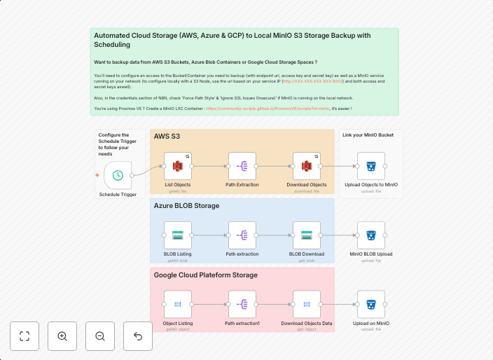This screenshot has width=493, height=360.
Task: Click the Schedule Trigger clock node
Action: (x=118, y=175)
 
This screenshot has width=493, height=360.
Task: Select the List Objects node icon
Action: (x=178, y=166)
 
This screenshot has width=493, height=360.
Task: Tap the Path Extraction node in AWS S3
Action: (x=242, y=166)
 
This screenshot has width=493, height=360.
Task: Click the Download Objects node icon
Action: (x=307, y=166)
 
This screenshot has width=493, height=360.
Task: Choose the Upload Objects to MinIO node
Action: (x=371, y=166)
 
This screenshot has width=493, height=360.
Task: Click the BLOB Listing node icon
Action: (x=178, y=235)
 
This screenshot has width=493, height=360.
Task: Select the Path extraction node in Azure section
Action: (x=242, y=235)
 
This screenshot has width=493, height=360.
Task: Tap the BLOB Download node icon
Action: (x=307, y=235)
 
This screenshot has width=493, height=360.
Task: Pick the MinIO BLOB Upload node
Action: (x=371, y=235)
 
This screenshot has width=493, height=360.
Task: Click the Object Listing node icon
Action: (x=178, y=304)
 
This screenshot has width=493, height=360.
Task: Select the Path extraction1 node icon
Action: (x=242, y=304)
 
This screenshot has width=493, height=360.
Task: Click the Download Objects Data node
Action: (x=307, y=304)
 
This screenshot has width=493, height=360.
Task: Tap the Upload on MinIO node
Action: (x=371, y=304)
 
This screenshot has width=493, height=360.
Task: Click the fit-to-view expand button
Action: (x=25, y=336)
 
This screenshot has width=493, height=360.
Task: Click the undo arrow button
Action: (x=138, y=336)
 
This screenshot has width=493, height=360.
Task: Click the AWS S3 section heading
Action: (x=167, y=136)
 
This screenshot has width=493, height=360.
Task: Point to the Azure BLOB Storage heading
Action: (x=186, y=205)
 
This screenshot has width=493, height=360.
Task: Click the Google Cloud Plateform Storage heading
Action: (x=205, y=275)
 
